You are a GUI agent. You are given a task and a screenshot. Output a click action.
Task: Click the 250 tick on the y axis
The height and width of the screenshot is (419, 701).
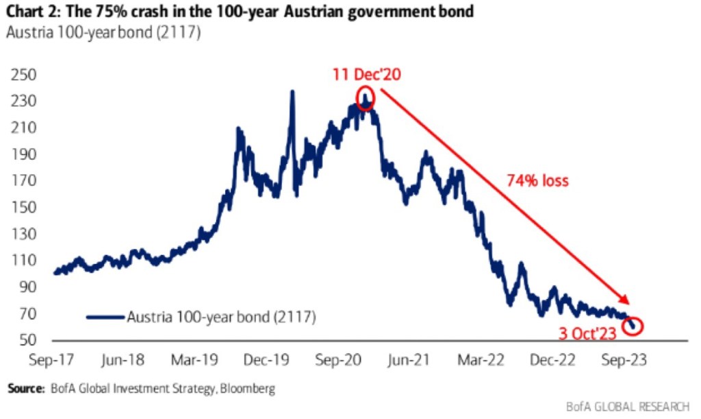click(23, 75)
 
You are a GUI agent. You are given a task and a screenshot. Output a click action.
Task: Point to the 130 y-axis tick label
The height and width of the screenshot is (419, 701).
click(23, 235)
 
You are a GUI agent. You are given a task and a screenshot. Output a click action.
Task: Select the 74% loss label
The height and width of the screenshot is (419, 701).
click(538, 181)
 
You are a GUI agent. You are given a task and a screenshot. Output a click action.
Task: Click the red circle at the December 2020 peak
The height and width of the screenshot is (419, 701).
click(366, 97)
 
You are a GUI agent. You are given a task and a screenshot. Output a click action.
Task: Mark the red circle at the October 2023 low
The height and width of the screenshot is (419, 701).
click(634, 326)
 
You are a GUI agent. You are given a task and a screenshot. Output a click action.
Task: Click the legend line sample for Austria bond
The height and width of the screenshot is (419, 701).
click(105, 316)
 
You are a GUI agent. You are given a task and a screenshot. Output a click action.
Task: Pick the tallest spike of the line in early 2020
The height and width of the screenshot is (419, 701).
click(292, 92)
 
